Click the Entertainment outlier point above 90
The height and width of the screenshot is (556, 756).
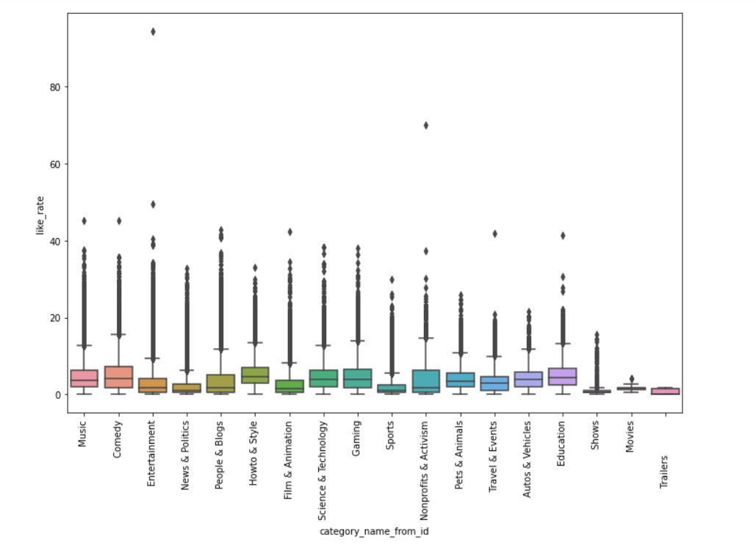coord(153,32)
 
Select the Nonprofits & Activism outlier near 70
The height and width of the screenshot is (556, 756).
coord(425,125)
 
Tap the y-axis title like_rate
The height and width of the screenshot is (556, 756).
coord(41,214)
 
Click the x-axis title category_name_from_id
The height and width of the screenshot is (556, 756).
coord(374,531)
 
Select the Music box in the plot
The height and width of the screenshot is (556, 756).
coord(84,378)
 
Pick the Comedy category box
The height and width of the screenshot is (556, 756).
coord(118,377)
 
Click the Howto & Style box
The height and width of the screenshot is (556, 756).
coord(255,375)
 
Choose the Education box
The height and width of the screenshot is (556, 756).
coord(562,376)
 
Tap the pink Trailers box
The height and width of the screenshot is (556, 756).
coord(664,391)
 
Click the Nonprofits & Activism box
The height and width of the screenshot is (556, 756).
coord(425,381)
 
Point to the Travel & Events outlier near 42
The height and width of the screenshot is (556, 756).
coord(494,234)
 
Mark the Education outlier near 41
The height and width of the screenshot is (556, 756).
coord(562,235)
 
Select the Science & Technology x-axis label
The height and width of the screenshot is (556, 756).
coord(323,455)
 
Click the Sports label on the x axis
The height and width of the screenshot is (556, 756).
coord(392,433)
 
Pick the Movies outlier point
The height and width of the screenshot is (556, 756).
coord(630,379)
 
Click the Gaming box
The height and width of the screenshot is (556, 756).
coord(357,378)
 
